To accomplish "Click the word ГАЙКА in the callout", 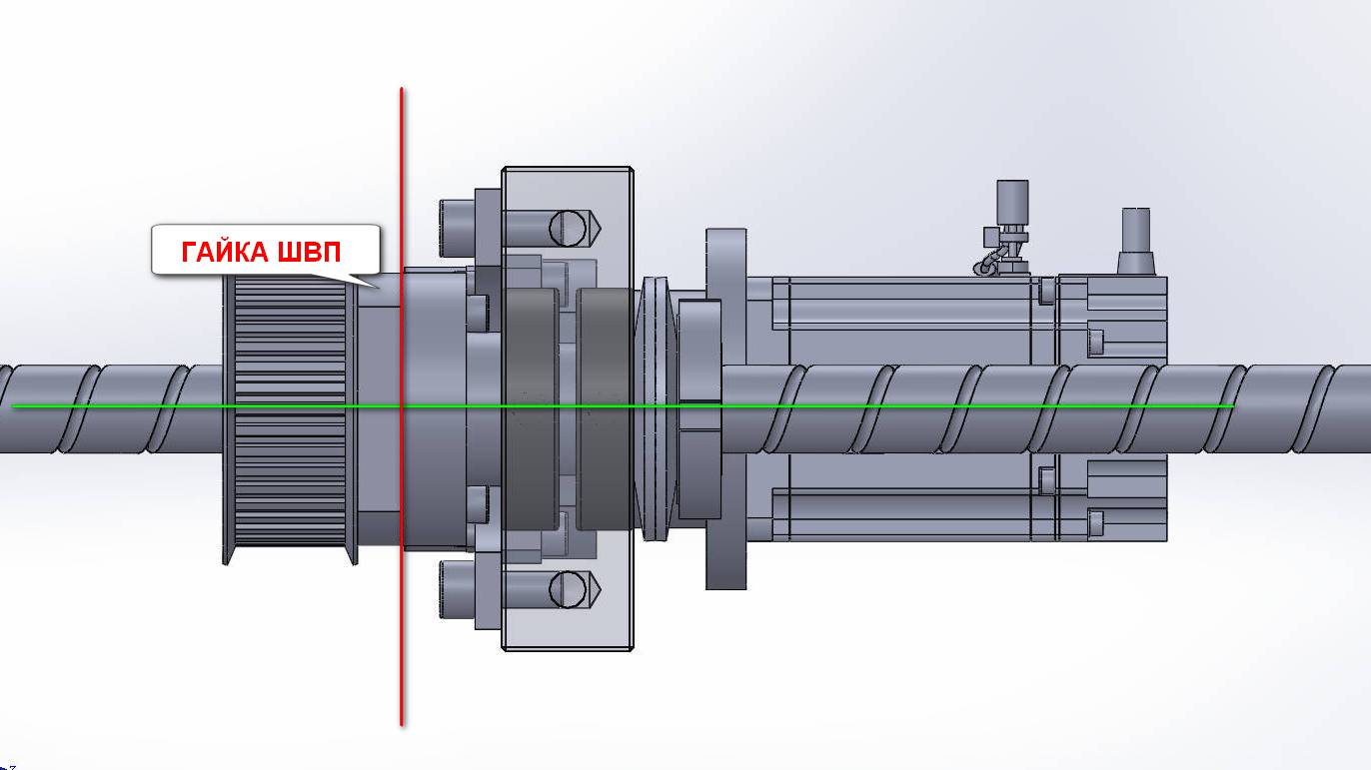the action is [x=225, y=252].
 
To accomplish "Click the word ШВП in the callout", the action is [x=310, y=252].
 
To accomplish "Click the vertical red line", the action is [x=402, y=406].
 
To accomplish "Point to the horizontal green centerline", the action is [x=623, y=405].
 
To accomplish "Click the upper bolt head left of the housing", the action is [x=458, y=229].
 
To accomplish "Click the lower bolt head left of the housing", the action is [x=458, y=589].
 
